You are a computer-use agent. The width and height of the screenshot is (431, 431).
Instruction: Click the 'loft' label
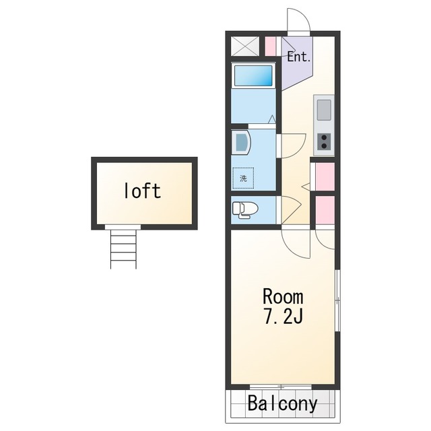tap(143, 191)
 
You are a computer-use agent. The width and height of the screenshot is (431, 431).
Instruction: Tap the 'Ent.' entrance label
tap(299, 57)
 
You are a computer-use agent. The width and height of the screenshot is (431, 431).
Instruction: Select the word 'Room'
tap(283, 296)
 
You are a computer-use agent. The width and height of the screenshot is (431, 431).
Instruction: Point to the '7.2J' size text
tap(283, 316)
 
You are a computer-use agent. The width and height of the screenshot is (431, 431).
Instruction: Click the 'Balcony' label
tap(283, 404)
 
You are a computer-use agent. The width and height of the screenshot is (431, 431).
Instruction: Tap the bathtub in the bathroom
tap(253, 75)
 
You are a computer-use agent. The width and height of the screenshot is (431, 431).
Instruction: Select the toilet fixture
tap(244, 210)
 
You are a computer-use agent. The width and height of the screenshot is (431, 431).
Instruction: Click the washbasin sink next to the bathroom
tap(241, 143)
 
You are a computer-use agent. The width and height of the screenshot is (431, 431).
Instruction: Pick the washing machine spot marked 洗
tap(243, 178)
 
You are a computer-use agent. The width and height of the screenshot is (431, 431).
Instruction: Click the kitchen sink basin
tap(324, 110)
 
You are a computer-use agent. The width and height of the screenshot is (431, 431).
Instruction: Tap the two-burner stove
tap(324, 142)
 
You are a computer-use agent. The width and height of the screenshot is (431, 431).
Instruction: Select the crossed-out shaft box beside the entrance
tap(245, 46)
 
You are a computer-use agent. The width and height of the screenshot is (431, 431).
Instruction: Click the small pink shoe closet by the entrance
tap(270, 46)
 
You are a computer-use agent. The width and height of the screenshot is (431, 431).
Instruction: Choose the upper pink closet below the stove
tap(325, 176)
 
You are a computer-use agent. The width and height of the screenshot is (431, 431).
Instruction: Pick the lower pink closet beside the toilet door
tap(325, 209)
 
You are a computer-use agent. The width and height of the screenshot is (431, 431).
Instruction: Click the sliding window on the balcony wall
tap(281, 387)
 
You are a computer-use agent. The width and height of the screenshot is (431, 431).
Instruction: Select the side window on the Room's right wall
tap(338, 301)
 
